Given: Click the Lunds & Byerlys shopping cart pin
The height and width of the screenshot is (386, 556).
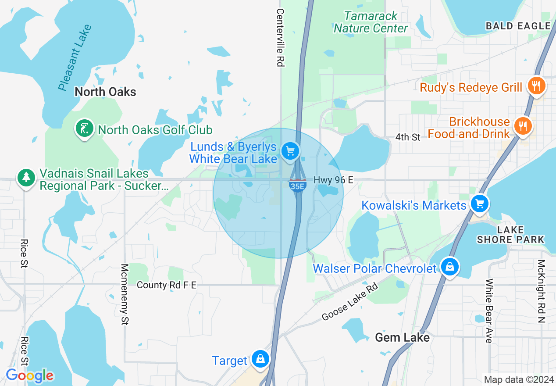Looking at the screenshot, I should click(x=290, y=151).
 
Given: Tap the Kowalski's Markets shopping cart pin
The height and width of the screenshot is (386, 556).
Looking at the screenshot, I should click(x=480, y=204).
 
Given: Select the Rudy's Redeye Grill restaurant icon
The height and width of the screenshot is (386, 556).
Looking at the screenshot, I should click(x=536, y=85).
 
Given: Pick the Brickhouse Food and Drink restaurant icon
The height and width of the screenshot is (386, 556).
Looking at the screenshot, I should click(x=522, y=126).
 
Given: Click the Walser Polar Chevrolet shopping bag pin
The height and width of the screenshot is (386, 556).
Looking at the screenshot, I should click(x=449, y=266).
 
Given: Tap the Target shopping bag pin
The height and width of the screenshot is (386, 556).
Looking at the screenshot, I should click(x=260, y=359).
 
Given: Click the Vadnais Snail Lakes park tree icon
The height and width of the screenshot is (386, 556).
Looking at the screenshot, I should click(x=26, y=178).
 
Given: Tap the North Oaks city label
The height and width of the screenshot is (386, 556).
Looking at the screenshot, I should click(x=105, y=92).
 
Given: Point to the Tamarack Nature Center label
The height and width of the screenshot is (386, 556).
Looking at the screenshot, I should click(x=371, y=22).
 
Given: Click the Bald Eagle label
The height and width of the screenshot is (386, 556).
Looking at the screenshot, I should click(x=518, y=26).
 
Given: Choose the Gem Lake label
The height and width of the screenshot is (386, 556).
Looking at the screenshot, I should click(x=402, y=337).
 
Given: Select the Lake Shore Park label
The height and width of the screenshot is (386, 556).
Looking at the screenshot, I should click(x=510, y=235).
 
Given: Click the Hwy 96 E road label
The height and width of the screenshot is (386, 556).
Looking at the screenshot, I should click(x=333, y=180).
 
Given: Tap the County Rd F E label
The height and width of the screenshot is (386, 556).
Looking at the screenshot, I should click(x=167, y=285).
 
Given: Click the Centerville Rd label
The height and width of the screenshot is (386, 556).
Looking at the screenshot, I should click(x=280, y=38).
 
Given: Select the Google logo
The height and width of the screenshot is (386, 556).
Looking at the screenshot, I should click(x=29, y=375).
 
